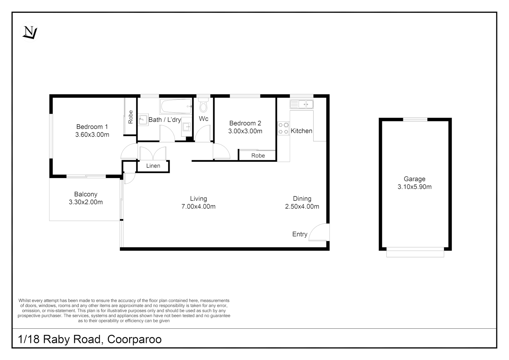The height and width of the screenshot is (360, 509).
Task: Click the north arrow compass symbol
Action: pos(30,32)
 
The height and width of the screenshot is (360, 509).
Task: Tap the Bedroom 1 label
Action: pos(92,127)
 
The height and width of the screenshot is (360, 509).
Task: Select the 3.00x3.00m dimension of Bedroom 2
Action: pos(245,131)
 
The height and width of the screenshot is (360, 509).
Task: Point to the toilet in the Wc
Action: pos(203,106)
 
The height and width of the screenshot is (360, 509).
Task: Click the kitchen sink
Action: pos(301,104)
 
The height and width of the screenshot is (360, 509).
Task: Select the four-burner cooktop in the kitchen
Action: pos(283,128)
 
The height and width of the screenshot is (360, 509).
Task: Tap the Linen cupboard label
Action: pos(153,166)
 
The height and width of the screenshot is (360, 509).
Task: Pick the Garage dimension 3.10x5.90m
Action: pos(414,187)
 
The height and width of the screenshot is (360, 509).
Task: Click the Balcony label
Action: pos(86,194)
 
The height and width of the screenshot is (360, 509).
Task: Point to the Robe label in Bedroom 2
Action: pos(258,156)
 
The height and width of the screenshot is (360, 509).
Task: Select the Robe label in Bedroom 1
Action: pos(131,117)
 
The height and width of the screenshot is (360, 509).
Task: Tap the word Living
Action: pos(198,199)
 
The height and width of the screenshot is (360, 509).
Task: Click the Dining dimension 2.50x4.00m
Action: pos(302,207)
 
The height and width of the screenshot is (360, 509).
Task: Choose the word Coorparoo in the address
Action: pos(134,339)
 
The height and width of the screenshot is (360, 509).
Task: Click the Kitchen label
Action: pos(301,131)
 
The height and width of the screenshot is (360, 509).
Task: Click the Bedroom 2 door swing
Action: pos(222,152)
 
